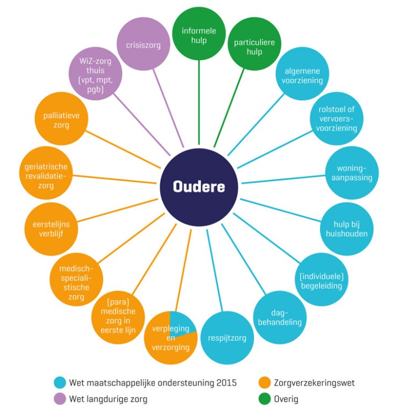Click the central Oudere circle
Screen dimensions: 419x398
[x=199, y=187]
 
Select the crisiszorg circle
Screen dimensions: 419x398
[x=143, y=45]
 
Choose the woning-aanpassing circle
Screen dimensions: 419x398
[x=352, y=173]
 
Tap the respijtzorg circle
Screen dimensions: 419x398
[x=228, y=337]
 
